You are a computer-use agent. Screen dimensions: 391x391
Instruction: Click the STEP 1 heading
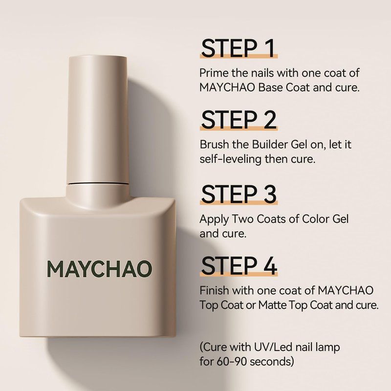239,48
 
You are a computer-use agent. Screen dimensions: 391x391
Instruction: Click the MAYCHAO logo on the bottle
100,269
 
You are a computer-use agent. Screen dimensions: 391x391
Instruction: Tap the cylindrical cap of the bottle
97,120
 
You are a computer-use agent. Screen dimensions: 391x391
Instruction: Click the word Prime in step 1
214,73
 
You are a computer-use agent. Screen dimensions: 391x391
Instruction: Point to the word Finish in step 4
214,290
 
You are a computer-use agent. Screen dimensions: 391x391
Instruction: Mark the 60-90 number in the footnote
232,362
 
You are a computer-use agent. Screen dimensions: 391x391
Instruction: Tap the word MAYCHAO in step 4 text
346,290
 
